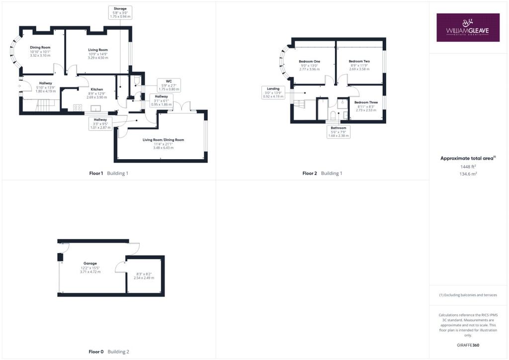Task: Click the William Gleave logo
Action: coord(468,27)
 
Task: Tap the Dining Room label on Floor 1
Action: coord(40,47)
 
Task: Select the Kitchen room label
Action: coord(97,90)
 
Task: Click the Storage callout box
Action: coord(120,12)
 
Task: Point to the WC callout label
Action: coord(169,86)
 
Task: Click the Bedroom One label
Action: coord(309,61)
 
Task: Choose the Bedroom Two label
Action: coord(359,61)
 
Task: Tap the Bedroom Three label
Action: coord(366,102)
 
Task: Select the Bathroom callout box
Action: coord(339,132)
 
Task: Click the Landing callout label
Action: coord(273,92)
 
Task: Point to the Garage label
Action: coord(90,263)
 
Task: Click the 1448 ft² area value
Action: coord(468,167)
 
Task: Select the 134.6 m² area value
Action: coord(468,174)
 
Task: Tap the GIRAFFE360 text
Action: coord(468,345)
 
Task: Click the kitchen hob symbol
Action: coord(78,107)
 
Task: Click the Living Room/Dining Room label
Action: coord(163,140)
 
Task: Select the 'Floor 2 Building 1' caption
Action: coord(322,174)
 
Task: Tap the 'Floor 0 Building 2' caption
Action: coord(109,352)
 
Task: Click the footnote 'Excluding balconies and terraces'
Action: coord(468,295)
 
